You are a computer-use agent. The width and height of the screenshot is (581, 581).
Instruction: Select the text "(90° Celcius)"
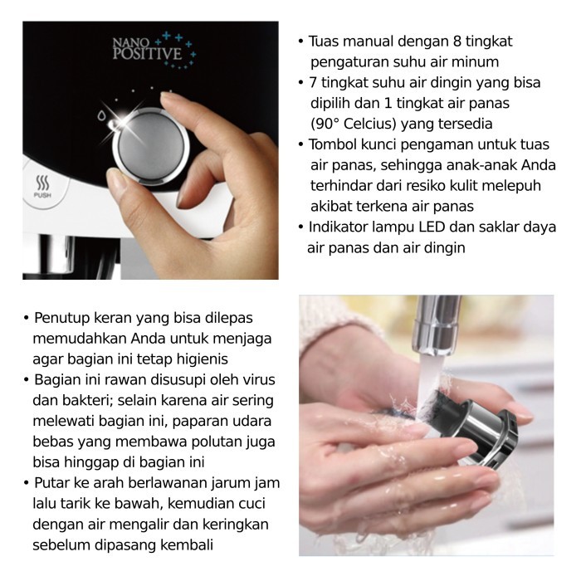pos(345,123)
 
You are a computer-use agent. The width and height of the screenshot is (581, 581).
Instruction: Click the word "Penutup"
pos(61,318)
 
